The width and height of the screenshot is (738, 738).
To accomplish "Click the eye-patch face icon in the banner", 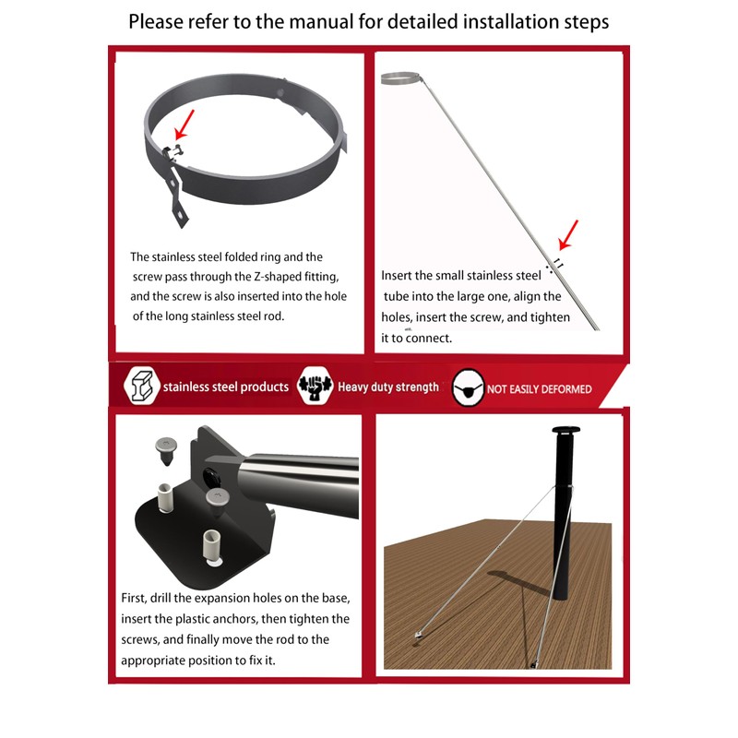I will pyautogui.click(x=469, y=389).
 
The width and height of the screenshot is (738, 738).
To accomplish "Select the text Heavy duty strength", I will pyautogui.click(x=388, y=387).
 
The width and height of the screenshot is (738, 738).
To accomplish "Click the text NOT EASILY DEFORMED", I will pyautogui.click(x=539, y=389).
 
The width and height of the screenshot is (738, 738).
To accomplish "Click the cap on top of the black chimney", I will pyautogui.click(x=563, y=432).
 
